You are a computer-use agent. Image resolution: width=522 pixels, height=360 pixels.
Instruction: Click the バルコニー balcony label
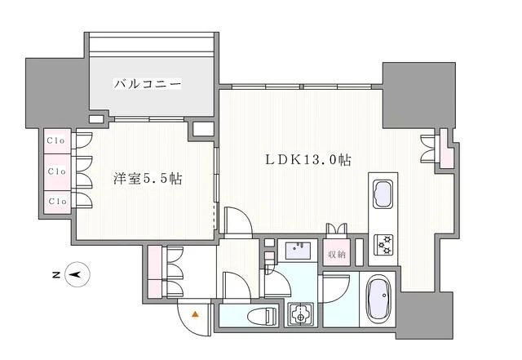point(147,84)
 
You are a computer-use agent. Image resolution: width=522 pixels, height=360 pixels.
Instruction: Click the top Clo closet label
point(56,140)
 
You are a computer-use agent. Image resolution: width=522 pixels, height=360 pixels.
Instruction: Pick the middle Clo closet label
point(56,171)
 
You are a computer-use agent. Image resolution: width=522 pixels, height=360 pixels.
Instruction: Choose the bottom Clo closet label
point(56,200)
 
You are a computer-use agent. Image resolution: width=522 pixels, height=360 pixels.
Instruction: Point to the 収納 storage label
point(336,253)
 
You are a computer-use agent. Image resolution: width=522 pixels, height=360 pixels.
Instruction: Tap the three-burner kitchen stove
point(383,244)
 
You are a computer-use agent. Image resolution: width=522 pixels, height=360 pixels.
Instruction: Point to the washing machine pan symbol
point(299,314)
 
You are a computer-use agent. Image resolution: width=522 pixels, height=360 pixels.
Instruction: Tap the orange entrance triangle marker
point(195,313)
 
